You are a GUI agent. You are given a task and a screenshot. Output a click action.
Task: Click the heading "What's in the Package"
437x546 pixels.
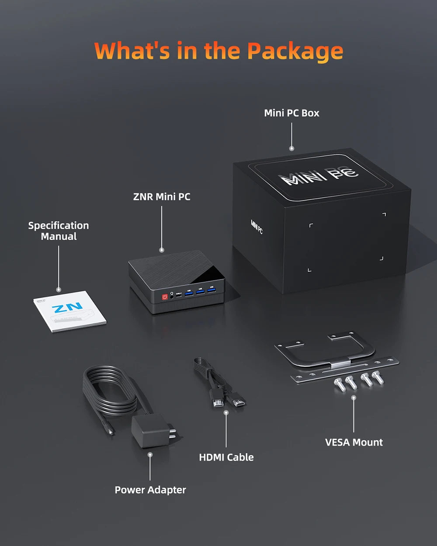coord(218,51)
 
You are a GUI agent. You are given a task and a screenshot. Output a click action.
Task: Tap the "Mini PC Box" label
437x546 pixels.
coord(291,113)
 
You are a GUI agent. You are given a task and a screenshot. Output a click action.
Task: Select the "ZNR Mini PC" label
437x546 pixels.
coord(162,197)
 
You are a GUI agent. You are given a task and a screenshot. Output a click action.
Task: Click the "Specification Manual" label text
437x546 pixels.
coord(59,231)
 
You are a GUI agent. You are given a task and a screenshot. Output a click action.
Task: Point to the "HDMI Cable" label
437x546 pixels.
coord(226,457)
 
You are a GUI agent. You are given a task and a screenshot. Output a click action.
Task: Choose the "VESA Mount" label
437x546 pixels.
coord(354,442)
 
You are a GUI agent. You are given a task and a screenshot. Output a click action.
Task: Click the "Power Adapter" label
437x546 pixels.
coord(150,490)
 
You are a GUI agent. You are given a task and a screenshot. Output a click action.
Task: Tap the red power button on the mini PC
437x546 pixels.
coord(165,297)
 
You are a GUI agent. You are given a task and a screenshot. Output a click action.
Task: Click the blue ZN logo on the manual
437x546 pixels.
coord(67,308)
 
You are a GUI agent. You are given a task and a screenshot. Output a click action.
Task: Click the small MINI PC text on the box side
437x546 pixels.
coord(257,227)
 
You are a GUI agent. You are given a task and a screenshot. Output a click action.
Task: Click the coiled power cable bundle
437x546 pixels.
coord(109,391)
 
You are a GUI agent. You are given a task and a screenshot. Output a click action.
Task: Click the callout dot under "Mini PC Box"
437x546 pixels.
coord(291,149)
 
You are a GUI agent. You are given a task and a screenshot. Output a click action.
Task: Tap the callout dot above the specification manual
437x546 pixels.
coord(59,289)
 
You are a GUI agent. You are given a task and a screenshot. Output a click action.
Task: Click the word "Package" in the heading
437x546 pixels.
coord(295,51)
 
